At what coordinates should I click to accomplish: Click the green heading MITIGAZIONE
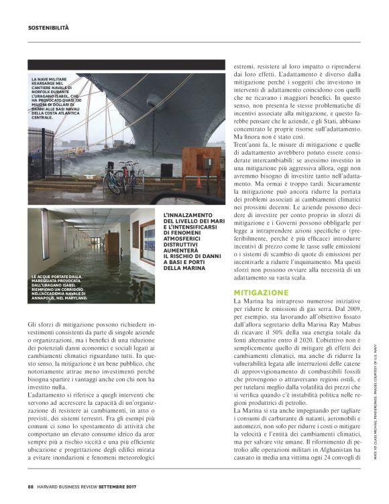pyautogui.click(x=261, y=294)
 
